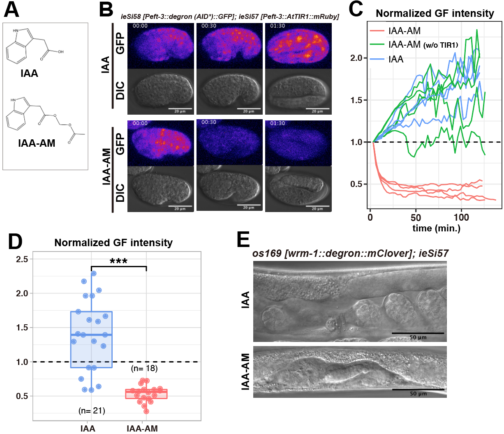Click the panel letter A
12,9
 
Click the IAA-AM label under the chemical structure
37,143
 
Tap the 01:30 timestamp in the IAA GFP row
277,26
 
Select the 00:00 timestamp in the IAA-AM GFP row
140,123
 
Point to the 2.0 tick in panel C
356,58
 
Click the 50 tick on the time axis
416,217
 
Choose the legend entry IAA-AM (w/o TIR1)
423,44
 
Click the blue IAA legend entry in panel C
396,59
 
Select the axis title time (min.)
436,229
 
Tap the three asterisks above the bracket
118,261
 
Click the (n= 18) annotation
144,368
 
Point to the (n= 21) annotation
92,411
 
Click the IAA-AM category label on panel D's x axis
142,429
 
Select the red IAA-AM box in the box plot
146,394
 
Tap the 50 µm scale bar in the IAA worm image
418,333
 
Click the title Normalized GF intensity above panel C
435,14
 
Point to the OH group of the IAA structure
60,52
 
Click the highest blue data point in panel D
94,273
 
